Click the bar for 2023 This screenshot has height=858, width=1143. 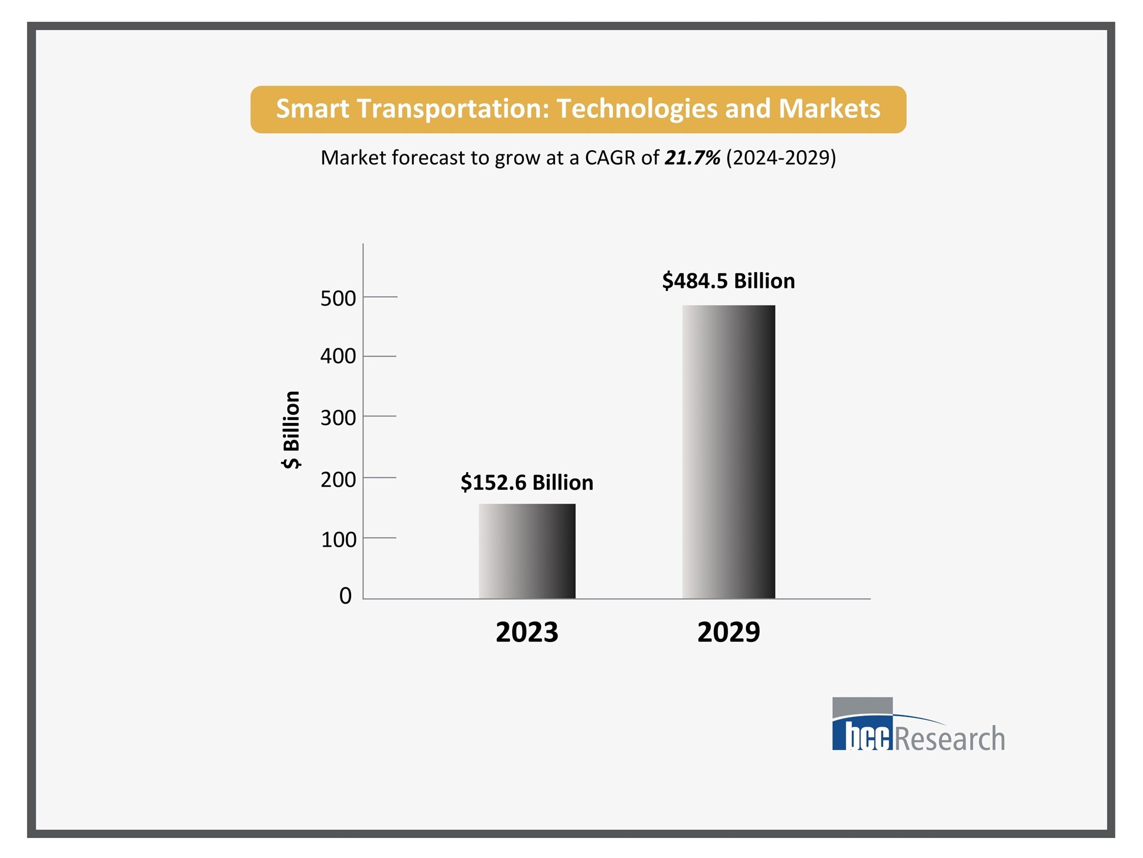point(526,551)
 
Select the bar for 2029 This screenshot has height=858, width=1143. point(728,452)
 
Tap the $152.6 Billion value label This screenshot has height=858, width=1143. point(526,483)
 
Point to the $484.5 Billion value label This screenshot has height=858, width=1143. point(728,281)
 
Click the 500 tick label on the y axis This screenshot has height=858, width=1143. point(338,299)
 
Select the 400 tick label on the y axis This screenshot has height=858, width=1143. point(338,356)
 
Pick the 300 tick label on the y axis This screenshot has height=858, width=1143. point(338,418)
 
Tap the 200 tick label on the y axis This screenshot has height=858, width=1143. point(338,480)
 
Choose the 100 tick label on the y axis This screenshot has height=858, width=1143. point(338,540)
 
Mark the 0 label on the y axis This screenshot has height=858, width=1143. point(345,596)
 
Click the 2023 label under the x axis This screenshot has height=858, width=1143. point(526,632)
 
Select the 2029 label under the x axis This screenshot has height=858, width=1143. point(728,632)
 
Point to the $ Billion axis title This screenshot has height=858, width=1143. point(291,429)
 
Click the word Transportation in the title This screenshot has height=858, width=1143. point(453,109)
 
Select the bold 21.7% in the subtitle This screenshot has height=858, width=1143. point(692,158)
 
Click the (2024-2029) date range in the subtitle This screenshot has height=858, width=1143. point(781,158)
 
